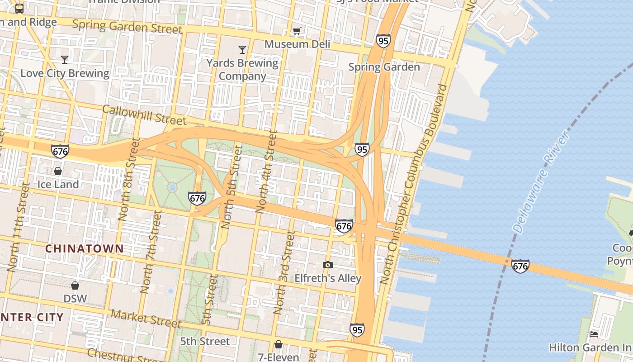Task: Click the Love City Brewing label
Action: click(x=65, y=73)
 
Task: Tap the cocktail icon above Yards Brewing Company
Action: click(x=242, y=50)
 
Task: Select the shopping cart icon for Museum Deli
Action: click(x=297, y=31)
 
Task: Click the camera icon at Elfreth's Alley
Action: click(x=328, y=265)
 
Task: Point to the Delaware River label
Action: click(x=541, y=182)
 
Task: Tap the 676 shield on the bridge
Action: click(x=520, y=266)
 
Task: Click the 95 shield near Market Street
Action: click(x=357, y=330)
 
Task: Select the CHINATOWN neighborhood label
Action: click(x=84, y=248)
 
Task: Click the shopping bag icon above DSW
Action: click(x=75, y=286)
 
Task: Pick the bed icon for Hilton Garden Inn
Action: click(x=594, y=334)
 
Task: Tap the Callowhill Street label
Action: click(x=144, y=115)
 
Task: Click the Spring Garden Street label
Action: click(x=128, y=27)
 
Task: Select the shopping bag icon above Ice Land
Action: click(x=58, y=171)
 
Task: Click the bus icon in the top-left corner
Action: click(x=19, y=8)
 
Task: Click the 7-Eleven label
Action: click(x=279, y=357)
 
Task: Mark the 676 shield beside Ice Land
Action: click(x=60, y=151)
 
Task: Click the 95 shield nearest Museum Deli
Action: click(x=383, y=41)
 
